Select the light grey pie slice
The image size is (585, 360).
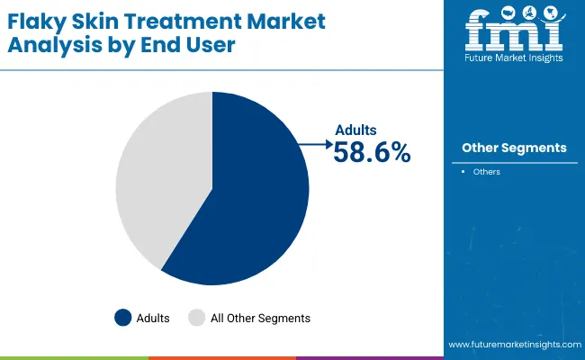click(x=162, y=171)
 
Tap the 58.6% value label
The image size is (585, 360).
click(x=372, y=154)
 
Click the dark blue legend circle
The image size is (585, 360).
click(x=123, y=317)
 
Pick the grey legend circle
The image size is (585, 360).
click(x=196, y=317)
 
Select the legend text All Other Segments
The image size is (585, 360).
click(x=259, y=318)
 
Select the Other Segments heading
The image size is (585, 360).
click(x=513, y=148)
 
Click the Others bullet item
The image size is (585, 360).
click(x=486, y=172)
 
